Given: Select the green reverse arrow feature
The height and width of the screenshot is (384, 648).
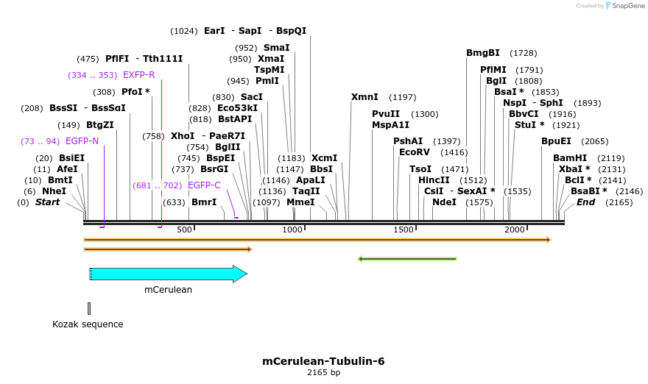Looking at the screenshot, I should point(406,259).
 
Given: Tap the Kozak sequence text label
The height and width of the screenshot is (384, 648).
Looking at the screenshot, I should point(88,324).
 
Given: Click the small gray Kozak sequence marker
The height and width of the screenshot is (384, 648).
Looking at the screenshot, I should point(89,308).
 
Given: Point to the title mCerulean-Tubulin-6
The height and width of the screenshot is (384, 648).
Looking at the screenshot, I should point(323,361).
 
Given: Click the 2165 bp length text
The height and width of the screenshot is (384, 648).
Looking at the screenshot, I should point(323,373).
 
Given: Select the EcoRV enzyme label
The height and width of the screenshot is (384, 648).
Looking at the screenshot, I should point(414,152).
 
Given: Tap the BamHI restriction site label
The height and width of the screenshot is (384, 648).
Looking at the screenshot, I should point(570,158).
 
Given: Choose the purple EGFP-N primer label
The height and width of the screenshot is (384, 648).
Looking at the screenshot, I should point(82,141).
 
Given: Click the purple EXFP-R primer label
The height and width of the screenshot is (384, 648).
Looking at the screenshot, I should point(138,75).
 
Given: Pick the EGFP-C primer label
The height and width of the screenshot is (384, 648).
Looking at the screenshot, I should point(204,185).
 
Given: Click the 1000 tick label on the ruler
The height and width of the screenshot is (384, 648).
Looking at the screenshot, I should point(292,230).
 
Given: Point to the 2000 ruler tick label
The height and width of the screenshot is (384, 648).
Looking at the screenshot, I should point(514,230).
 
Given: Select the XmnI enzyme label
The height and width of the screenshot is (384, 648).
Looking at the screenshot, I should point(364,97).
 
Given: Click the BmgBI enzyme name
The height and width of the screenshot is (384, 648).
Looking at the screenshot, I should point(483,53).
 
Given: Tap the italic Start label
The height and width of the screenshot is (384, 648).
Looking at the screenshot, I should point(48,202).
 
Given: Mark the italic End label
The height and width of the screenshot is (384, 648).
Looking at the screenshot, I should point(585,202).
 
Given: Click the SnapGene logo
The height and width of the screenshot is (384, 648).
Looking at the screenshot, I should point(623,6).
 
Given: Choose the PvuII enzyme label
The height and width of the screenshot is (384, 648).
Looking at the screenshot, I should point(386,114).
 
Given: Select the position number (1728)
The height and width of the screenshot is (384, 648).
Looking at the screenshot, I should point(523,53).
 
